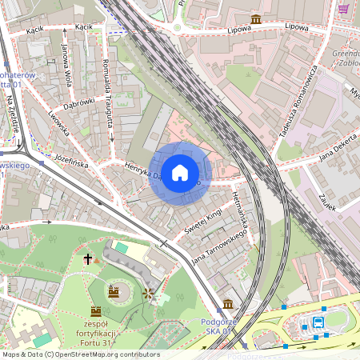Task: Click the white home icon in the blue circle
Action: pyautogui.click(x=180, y=173)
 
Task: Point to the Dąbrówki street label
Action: pyautogui.click(x=78, y=106)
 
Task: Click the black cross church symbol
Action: pyautogui.click(x=88, y=259)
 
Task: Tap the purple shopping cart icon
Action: pyautogui.click(x=343, y=9)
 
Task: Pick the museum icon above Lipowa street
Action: pyautogui.click(x=255, y=18)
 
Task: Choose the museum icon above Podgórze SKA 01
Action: pyautogui.click(x=228, y=304)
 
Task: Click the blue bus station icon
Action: pyautogui.click(x=318, y=322)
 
